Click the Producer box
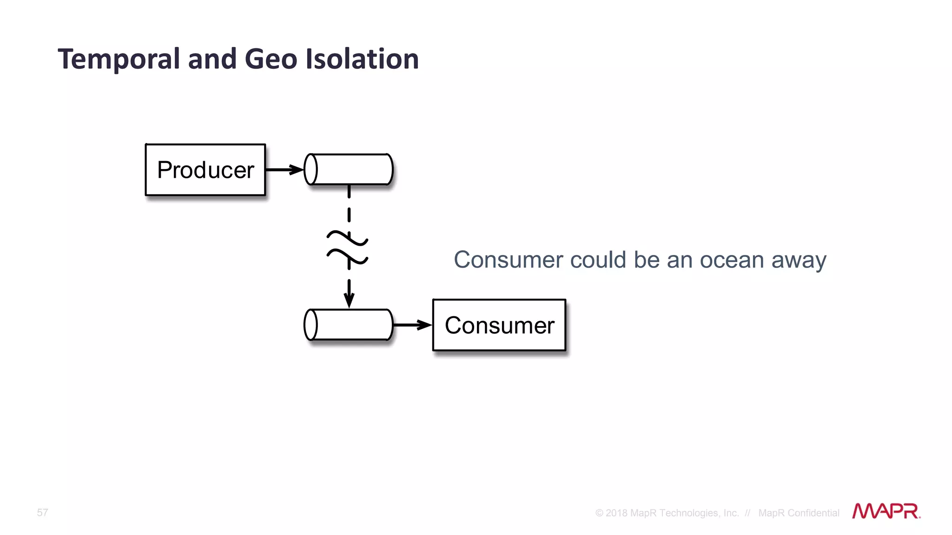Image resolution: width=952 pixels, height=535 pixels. (205, 170)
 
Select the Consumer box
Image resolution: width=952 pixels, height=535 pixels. (499, 325)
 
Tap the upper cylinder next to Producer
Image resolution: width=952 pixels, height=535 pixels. (349, 170)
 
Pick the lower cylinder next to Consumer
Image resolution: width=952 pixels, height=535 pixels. (349, 325)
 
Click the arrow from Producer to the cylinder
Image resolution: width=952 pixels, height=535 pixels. (284, 170)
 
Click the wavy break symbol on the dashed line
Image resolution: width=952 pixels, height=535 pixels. (348, 248)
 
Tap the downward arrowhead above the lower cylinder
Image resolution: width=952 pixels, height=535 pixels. (349, 300)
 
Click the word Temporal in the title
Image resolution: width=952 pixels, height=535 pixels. (119, 59)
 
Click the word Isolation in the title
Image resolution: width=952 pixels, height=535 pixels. (362, 59)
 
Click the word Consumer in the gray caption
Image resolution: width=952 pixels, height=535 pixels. (509, 260)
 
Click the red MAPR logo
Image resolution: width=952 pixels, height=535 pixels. (886, 511)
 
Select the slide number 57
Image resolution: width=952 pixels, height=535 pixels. (42, 513)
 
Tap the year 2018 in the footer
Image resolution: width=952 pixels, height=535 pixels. (616, 513)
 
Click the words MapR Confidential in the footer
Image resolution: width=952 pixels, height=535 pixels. (799, 513)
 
